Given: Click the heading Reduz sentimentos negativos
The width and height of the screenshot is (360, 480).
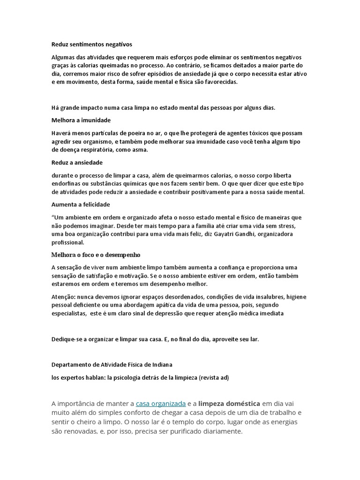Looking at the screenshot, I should click(91, 45).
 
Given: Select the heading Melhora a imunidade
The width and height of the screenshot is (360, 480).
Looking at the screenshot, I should click(81, 120).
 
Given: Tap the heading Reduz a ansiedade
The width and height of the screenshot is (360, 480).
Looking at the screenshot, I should click(77, 162).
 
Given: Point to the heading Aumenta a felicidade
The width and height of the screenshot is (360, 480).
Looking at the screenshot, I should click(81, 204).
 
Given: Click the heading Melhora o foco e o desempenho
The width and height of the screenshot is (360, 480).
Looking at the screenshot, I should click(96, 255).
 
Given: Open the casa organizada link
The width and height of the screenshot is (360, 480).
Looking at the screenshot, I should click(161, 404).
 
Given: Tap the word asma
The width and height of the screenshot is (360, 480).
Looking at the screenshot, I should click(139, 150).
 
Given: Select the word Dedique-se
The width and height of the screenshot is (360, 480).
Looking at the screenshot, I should click(67, 339).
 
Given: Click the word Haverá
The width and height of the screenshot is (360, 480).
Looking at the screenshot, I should click(62, 133).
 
